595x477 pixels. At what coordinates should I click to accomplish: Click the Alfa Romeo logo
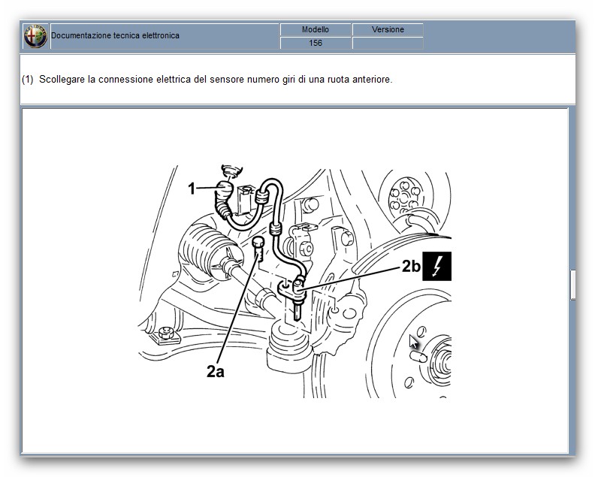(x=35, y=36)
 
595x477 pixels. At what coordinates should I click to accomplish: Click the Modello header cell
(x=316, y=29)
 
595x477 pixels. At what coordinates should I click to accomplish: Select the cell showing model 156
(x=316, y=43)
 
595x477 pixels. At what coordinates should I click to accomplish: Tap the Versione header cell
(x=388, y=29)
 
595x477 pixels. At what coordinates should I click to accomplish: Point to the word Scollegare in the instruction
(x=62, y=80)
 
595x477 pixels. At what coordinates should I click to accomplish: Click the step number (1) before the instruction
(x=28, y=80)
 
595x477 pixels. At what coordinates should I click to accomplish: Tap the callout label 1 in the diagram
(x=192, y=189)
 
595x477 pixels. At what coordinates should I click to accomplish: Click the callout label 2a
(x=215, y=372)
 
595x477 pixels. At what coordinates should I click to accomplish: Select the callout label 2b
(x=412, y=266)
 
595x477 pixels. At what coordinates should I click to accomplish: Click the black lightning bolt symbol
(x=436, y=266)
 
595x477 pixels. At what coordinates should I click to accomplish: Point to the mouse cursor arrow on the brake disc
(x=414, y=342)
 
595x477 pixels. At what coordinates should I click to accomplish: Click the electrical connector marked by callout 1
(x=225, y=189)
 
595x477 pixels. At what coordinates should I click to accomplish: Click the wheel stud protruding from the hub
(x=418, y=357)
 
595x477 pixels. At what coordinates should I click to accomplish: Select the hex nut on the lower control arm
(x=166, y=333)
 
